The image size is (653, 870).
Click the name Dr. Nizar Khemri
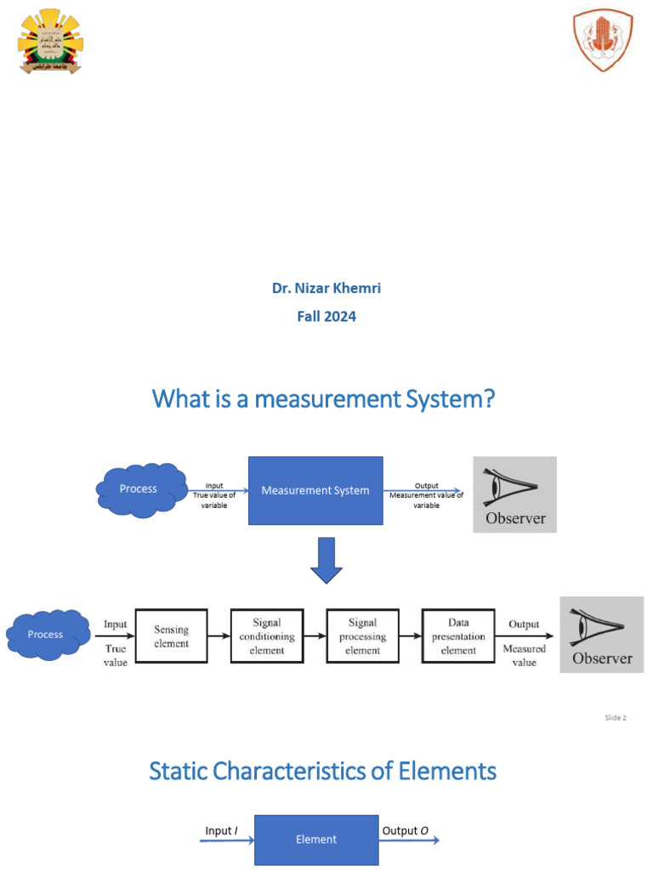326,288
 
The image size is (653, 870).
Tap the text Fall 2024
326,317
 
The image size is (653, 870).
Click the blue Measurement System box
315,490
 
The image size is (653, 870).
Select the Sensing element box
171,636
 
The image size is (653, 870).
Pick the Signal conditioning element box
267,636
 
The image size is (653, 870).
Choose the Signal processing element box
363,636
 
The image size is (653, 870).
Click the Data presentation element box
458,636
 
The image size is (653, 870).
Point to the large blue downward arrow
326,561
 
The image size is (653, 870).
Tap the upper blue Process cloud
140,489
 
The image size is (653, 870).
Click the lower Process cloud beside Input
48,635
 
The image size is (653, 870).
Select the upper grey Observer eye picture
514,494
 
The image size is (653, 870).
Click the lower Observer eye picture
601,635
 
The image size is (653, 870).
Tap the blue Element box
316,839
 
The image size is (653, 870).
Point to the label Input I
223,831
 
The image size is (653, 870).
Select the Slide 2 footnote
616,718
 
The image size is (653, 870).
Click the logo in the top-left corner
52,41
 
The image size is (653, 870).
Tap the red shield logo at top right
603,41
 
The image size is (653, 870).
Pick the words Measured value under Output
524,655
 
